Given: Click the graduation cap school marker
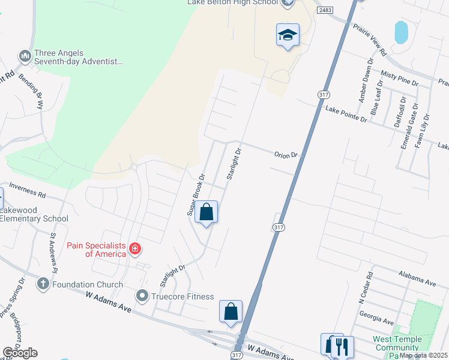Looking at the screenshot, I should pyautogui.click(x=288, y=35).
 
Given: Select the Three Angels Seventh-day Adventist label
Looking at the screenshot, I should pyautogui.click(x=79, y=57).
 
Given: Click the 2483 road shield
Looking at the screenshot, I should pyautogui.click(x=325, y=10).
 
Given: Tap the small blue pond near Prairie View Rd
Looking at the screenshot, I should pyautogui.click(x=400, y=32).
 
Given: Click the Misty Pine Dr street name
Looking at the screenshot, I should pyautogui.click(x=399, y=77).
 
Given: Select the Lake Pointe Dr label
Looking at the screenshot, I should pyautogui.click(x=346, y=114).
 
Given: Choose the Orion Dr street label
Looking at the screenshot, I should pyautogui.click(x=286, y=155).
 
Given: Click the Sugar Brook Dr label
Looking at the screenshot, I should pyautogui.click(x=196, y=194).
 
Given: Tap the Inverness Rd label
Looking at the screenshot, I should pyautogui.click(x=28, y=194).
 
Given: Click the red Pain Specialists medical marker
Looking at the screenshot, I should pyautogui.click(x=136, y=248).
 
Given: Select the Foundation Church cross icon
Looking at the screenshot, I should pyautogui.click(x=43, y=283).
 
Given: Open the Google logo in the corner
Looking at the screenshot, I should pyautogui.click(x=20, y=353).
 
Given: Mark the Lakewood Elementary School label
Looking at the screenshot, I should pyautogui.click(x=34, y=214).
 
